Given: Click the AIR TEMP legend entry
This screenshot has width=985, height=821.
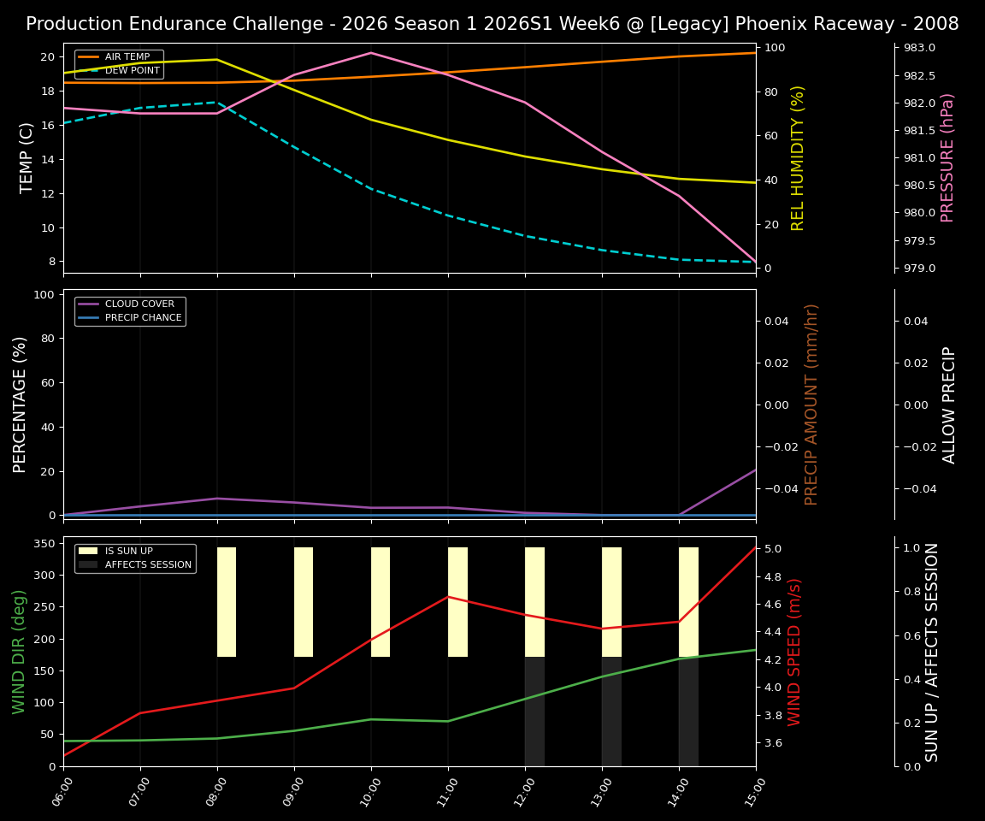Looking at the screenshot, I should tap(127, 57).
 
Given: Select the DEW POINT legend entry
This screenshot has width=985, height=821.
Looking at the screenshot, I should tap(132, 71).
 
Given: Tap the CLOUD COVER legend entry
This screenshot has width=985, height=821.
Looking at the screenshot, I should tap(139, 304).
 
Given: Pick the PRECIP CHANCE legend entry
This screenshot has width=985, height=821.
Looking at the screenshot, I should tap(143, 318).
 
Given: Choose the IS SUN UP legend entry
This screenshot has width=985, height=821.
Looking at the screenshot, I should tap(128, 552).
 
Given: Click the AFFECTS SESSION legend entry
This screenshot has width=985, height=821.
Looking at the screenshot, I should tap(147, 564).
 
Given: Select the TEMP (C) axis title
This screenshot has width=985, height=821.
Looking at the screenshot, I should tap(27, 157).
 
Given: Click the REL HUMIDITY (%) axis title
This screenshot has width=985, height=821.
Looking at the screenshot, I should tap(799, 157).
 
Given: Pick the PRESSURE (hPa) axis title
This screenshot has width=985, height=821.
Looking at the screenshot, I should tap(947, 157).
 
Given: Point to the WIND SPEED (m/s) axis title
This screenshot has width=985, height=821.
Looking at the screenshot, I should tap(795, 652).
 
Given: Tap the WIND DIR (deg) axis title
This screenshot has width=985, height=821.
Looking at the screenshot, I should tap(19, 652).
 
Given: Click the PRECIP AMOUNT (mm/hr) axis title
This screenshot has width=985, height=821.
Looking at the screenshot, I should tap(812, 404).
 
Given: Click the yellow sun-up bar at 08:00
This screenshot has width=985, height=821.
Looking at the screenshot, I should tap(227, 602).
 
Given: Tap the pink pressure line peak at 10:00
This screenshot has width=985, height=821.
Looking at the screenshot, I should tap(371, 53).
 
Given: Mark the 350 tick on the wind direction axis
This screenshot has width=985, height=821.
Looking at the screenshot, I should tap(46, 543).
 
